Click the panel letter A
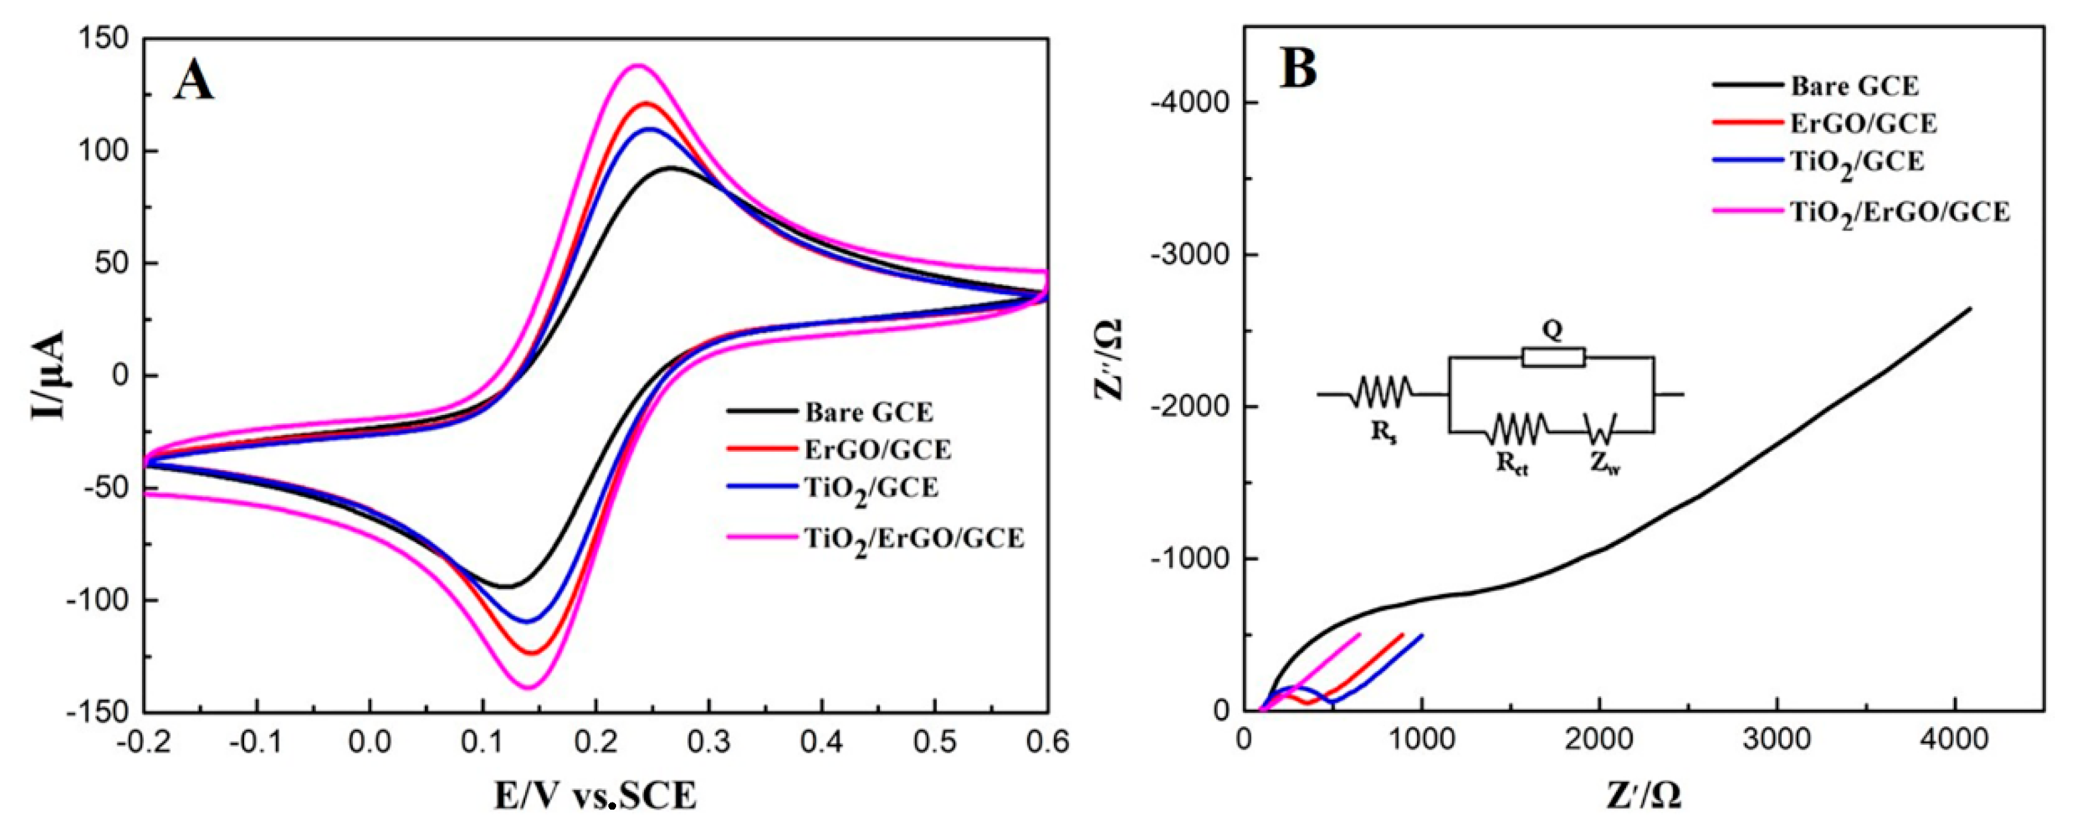coord(194,81)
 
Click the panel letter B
coord(1299,68)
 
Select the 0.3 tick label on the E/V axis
coord(709,741)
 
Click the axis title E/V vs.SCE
coord(596,795)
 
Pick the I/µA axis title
coord(48,375)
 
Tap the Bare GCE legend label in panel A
coord(869,412)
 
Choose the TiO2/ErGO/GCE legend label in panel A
coord(914,539)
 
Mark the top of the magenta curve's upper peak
coord(639,65)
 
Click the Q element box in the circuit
coord(1553,357)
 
